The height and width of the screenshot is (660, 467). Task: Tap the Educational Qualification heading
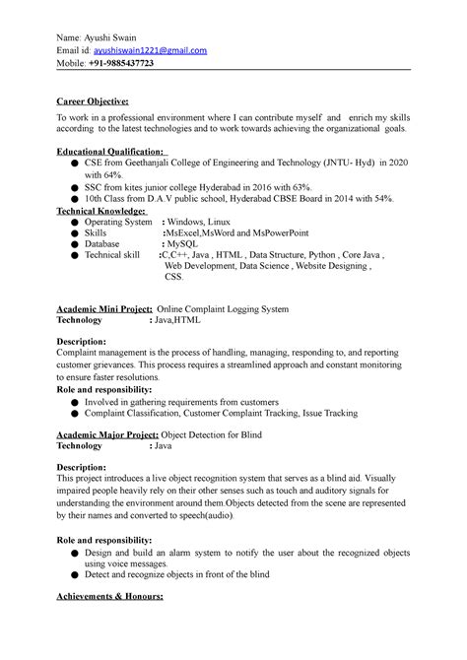click(x=112, y=152)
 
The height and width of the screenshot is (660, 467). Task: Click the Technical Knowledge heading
click(x=102, y=210)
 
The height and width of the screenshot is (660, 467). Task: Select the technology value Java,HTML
click(x=174, y=320)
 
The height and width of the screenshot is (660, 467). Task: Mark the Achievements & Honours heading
click(x=109, y=597)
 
